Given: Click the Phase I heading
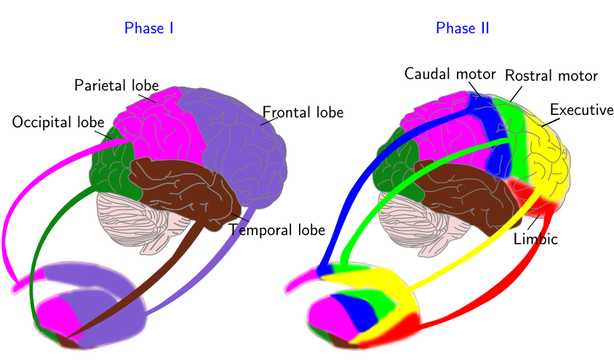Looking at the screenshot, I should (148, 28).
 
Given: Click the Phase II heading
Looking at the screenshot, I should (462, 28).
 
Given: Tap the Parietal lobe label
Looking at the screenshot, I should (116, 85).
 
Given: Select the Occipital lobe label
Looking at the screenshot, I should (58, 122).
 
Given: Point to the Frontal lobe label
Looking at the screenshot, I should (303, 113).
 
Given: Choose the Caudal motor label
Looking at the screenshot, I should (450, 73).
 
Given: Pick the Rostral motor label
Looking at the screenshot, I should (551, 76).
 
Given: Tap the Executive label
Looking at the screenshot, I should (581, 110).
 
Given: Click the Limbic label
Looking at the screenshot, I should (535, 239).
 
